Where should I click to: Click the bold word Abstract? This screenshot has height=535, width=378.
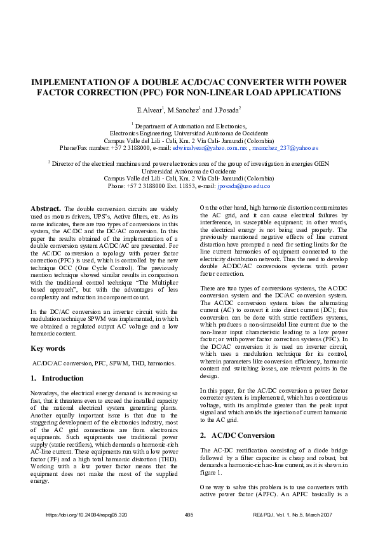pos(46,208)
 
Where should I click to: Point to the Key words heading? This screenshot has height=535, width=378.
pos(48,348)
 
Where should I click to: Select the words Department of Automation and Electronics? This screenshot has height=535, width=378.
pos(189,126)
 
